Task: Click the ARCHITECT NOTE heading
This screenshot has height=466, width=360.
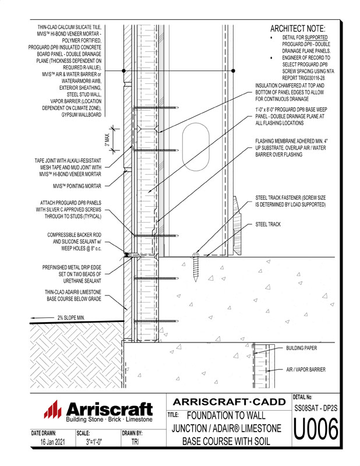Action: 298,29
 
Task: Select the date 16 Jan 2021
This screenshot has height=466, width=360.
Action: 52,442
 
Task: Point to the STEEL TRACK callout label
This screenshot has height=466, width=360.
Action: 268,224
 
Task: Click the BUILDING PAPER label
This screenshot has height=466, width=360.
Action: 301,348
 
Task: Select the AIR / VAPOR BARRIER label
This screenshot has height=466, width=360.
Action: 306,369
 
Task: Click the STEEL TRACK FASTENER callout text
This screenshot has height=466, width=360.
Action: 290,202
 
